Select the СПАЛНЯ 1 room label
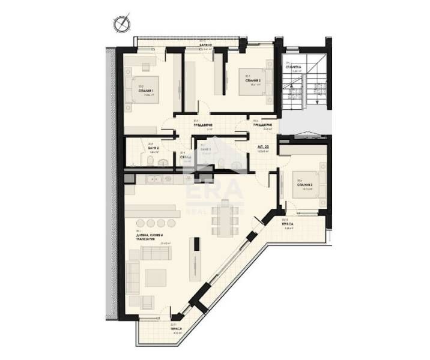(x=147, y=91)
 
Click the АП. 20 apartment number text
(x=262, y=147)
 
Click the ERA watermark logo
(x=214, y=191)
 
